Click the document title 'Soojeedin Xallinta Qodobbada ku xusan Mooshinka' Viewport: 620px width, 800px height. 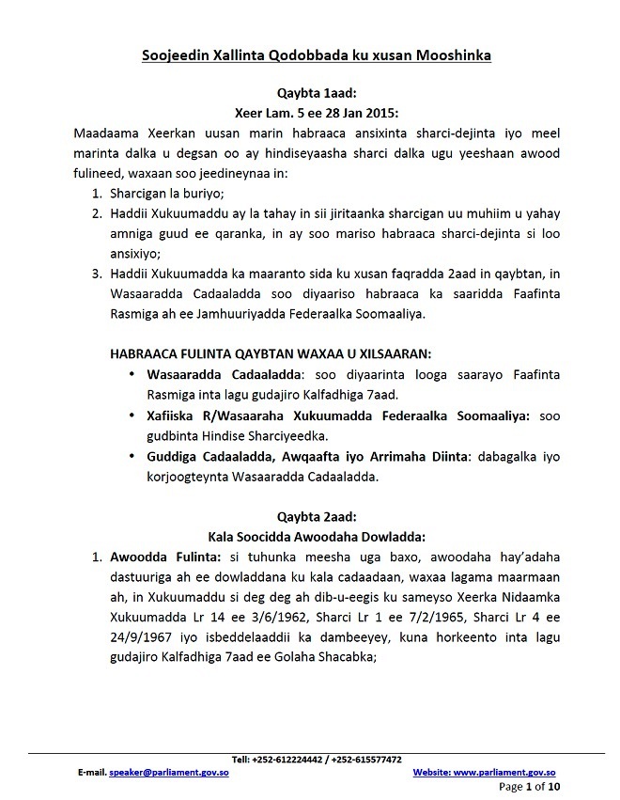point(310,55)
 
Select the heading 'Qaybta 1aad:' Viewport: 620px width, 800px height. point(310,94)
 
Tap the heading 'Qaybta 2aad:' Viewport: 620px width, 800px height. point(310,516)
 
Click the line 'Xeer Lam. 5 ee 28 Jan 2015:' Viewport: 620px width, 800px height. point(310,114)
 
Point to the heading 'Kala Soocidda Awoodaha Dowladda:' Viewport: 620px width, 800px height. point(310,536)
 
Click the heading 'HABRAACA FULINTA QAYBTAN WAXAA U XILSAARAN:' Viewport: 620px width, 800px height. point(273,353)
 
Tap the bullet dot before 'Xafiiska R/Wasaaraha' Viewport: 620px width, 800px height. point(134,416)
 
